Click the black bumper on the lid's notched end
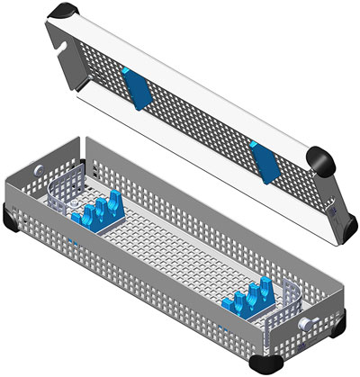(64, 12)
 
